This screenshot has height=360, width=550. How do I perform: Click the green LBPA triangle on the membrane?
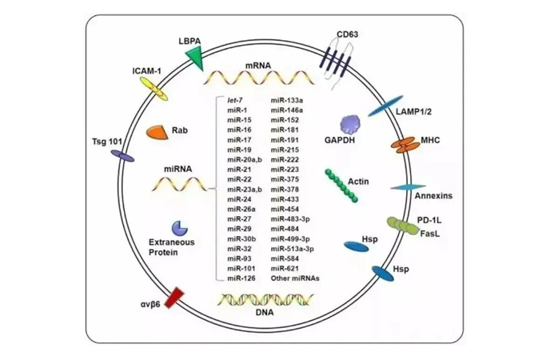[193, 55]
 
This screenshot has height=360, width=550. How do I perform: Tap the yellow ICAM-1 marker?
[152, 90]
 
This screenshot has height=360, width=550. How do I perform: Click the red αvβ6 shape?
[173, 298]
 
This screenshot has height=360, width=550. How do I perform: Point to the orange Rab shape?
[157, 134]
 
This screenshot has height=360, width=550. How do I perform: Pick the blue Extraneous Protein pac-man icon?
[157, 229]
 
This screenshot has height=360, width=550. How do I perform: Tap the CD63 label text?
[347, 34]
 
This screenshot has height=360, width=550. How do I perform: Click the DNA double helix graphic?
[264, 299]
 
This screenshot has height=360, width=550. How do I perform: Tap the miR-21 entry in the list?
[238, 170]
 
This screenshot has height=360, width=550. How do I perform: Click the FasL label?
[430, 233]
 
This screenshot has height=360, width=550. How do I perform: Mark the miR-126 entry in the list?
[240, 278]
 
